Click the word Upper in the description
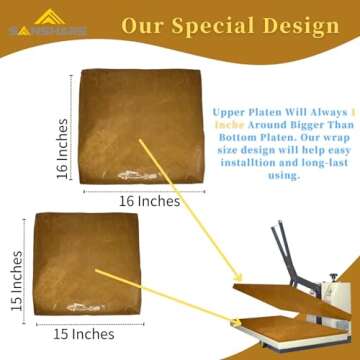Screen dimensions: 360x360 (x=225, y=112)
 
